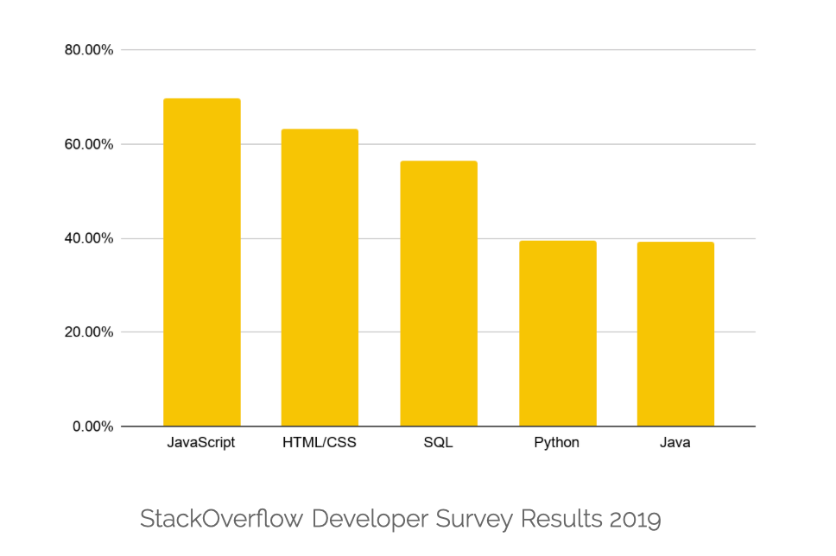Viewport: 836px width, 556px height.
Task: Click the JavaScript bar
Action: coord(202,262)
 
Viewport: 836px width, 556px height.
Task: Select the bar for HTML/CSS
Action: coord(320,277)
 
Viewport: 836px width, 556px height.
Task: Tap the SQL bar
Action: coord(439,294)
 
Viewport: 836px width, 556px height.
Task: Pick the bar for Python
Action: coord(557,333)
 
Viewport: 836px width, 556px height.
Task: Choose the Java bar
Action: coord(675,334)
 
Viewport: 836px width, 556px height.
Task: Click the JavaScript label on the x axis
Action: coord(202,443)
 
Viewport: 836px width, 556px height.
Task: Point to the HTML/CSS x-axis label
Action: coord(320,443)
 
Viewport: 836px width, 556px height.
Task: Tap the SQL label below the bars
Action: coord(439,443)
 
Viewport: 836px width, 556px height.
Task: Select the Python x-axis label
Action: coord(557,444)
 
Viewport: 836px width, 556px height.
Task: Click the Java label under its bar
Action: coord(675,443)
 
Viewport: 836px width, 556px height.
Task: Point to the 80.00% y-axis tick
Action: coord(89,50)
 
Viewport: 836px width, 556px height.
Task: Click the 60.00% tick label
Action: coord(89,144)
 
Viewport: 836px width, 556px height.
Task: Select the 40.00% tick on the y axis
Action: coord(89,238)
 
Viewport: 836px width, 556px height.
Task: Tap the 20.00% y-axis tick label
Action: coord(89,332)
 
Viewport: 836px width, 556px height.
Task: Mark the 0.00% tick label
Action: coord(92,426)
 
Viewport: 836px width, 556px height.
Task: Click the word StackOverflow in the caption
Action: coord(222,519)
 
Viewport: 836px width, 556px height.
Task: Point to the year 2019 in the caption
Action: coord(635,519)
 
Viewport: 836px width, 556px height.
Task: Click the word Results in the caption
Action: coord(561,519)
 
